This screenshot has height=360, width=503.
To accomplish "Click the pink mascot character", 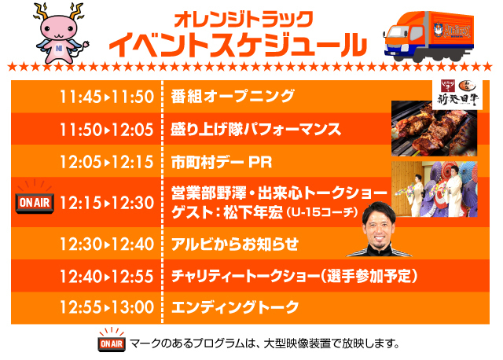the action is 61,33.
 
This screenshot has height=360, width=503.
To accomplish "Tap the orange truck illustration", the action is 429,36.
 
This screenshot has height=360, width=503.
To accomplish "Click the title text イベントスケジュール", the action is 238,45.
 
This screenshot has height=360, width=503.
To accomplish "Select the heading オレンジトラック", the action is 244,19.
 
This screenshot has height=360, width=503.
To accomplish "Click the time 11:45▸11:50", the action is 107,97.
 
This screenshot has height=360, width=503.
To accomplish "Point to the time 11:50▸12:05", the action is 107,130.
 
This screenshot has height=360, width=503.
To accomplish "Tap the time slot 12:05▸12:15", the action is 107,162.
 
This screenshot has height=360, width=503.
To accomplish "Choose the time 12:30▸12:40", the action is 107,244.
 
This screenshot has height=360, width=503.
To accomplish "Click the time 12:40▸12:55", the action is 107,276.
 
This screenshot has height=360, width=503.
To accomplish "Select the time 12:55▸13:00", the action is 107,307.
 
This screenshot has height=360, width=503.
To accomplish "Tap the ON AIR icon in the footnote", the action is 112,341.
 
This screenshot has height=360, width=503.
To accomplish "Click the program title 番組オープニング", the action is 233,96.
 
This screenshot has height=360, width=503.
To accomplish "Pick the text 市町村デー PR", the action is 222,162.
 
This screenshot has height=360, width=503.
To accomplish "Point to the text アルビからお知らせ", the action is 235,244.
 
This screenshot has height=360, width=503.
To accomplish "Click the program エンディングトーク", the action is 235,307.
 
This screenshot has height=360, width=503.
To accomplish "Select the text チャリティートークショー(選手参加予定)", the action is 294,276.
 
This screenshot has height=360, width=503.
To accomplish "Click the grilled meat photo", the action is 434,128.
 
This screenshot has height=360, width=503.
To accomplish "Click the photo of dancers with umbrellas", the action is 435,189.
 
